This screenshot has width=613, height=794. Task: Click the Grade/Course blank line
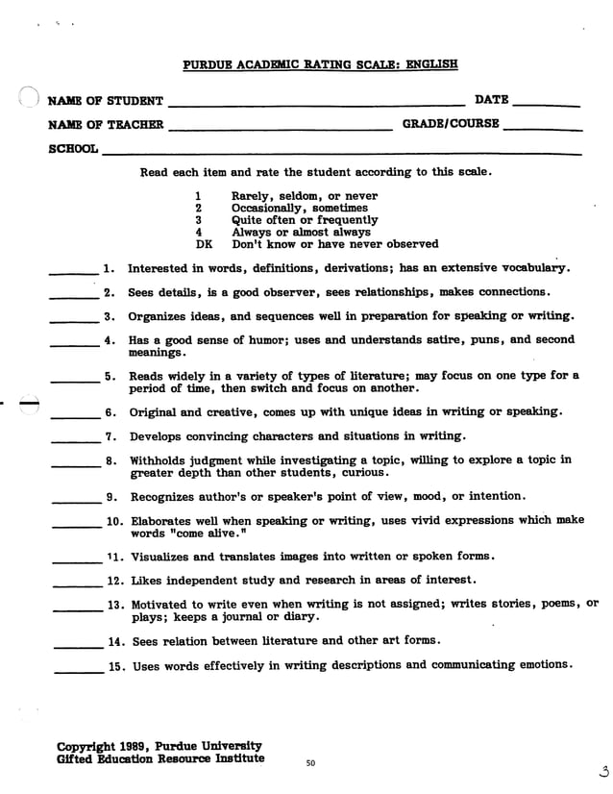click(542, 129)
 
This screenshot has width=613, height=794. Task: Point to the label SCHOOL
click(73, 150)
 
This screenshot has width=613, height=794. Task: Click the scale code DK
click(203, 244)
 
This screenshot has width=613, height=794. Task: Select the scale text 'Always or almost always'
click(301, 232)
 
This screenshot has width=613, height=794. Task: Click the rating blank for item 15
click(78, 671)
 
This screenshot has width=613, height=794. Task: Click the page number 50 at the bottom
click(310, 763)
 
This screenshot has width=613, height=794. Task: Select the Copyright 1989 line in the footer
click(159, 746)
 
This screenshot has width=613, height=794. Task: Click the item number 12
click(116, 581)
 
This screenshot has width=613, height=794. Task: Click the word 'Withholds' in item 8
click(160, 460)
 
